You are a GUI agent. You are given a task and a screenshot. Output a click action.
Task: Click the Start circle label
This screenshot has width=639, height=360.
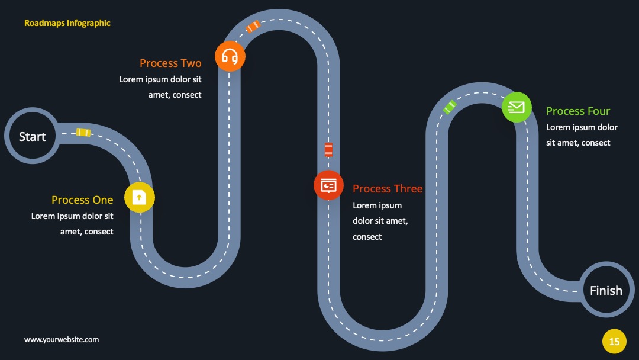32,137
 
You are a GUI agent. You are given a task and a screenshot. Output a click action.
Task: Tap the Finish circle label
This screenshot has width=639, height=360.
606,290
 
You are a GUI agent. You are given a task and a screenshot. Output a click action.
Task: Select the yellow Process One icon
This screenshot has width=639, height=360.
140,198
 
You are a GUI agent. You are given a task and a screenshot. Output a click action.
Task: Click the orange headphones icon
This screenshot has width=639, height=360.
230,56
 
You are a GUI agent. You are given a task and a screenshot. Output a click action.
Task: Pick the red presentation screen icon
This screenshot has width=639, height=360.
328,185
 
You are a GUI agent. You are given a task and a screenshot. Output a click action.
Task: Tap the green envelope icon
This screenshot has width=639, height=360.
517,107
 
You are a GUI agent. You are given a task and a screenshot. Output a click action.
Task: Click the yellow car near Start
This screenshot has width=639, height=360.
83,133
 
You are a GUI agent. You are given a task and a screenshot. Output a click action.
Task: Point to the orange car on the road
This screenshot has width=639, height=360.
253,26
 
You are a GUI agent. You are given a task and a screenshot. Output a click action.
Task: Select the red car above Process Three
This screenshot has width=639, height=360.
328,150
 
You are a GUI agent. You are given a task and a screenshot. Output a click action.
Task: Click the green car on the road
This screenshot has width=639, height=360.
450,107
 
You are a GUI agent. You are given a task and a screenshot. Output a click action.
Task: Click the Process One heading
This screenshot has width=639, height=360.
82,200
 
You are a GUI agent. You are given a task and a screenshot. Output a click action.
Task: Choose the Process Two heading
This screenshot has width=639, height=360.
170,63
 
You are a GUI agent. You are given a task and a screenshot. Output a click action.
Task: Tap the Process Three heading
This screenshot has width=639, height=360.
388,189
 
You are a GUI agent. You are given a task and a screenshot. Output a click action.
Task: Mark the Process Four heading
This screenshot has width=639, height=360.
578,111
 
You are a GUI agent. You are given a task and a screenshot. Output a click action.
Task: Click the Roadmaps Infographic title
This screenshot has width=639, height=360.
67,23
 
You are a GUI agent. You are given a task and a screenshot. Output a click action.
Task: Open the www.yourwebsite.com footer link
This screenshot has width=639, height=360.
62,340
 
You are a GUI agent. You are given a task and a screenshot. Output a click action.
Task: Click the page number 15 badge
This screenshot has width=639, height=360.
614,341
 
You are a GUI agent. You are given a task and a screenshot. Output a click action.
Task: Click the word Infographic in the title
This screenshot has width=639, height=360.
88,23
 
